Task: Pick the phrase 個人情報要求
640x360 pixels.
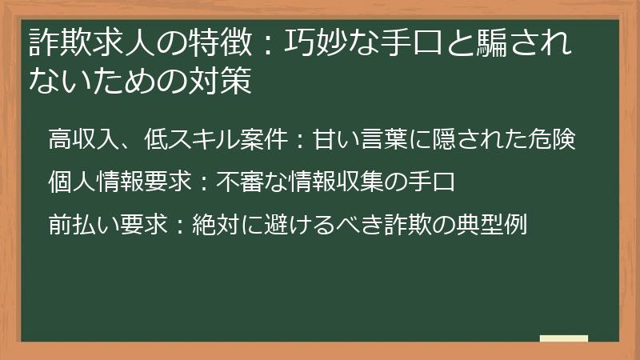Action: pos(119,181)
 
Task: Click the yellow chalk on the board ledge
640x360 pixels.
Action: pos(563,338)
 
